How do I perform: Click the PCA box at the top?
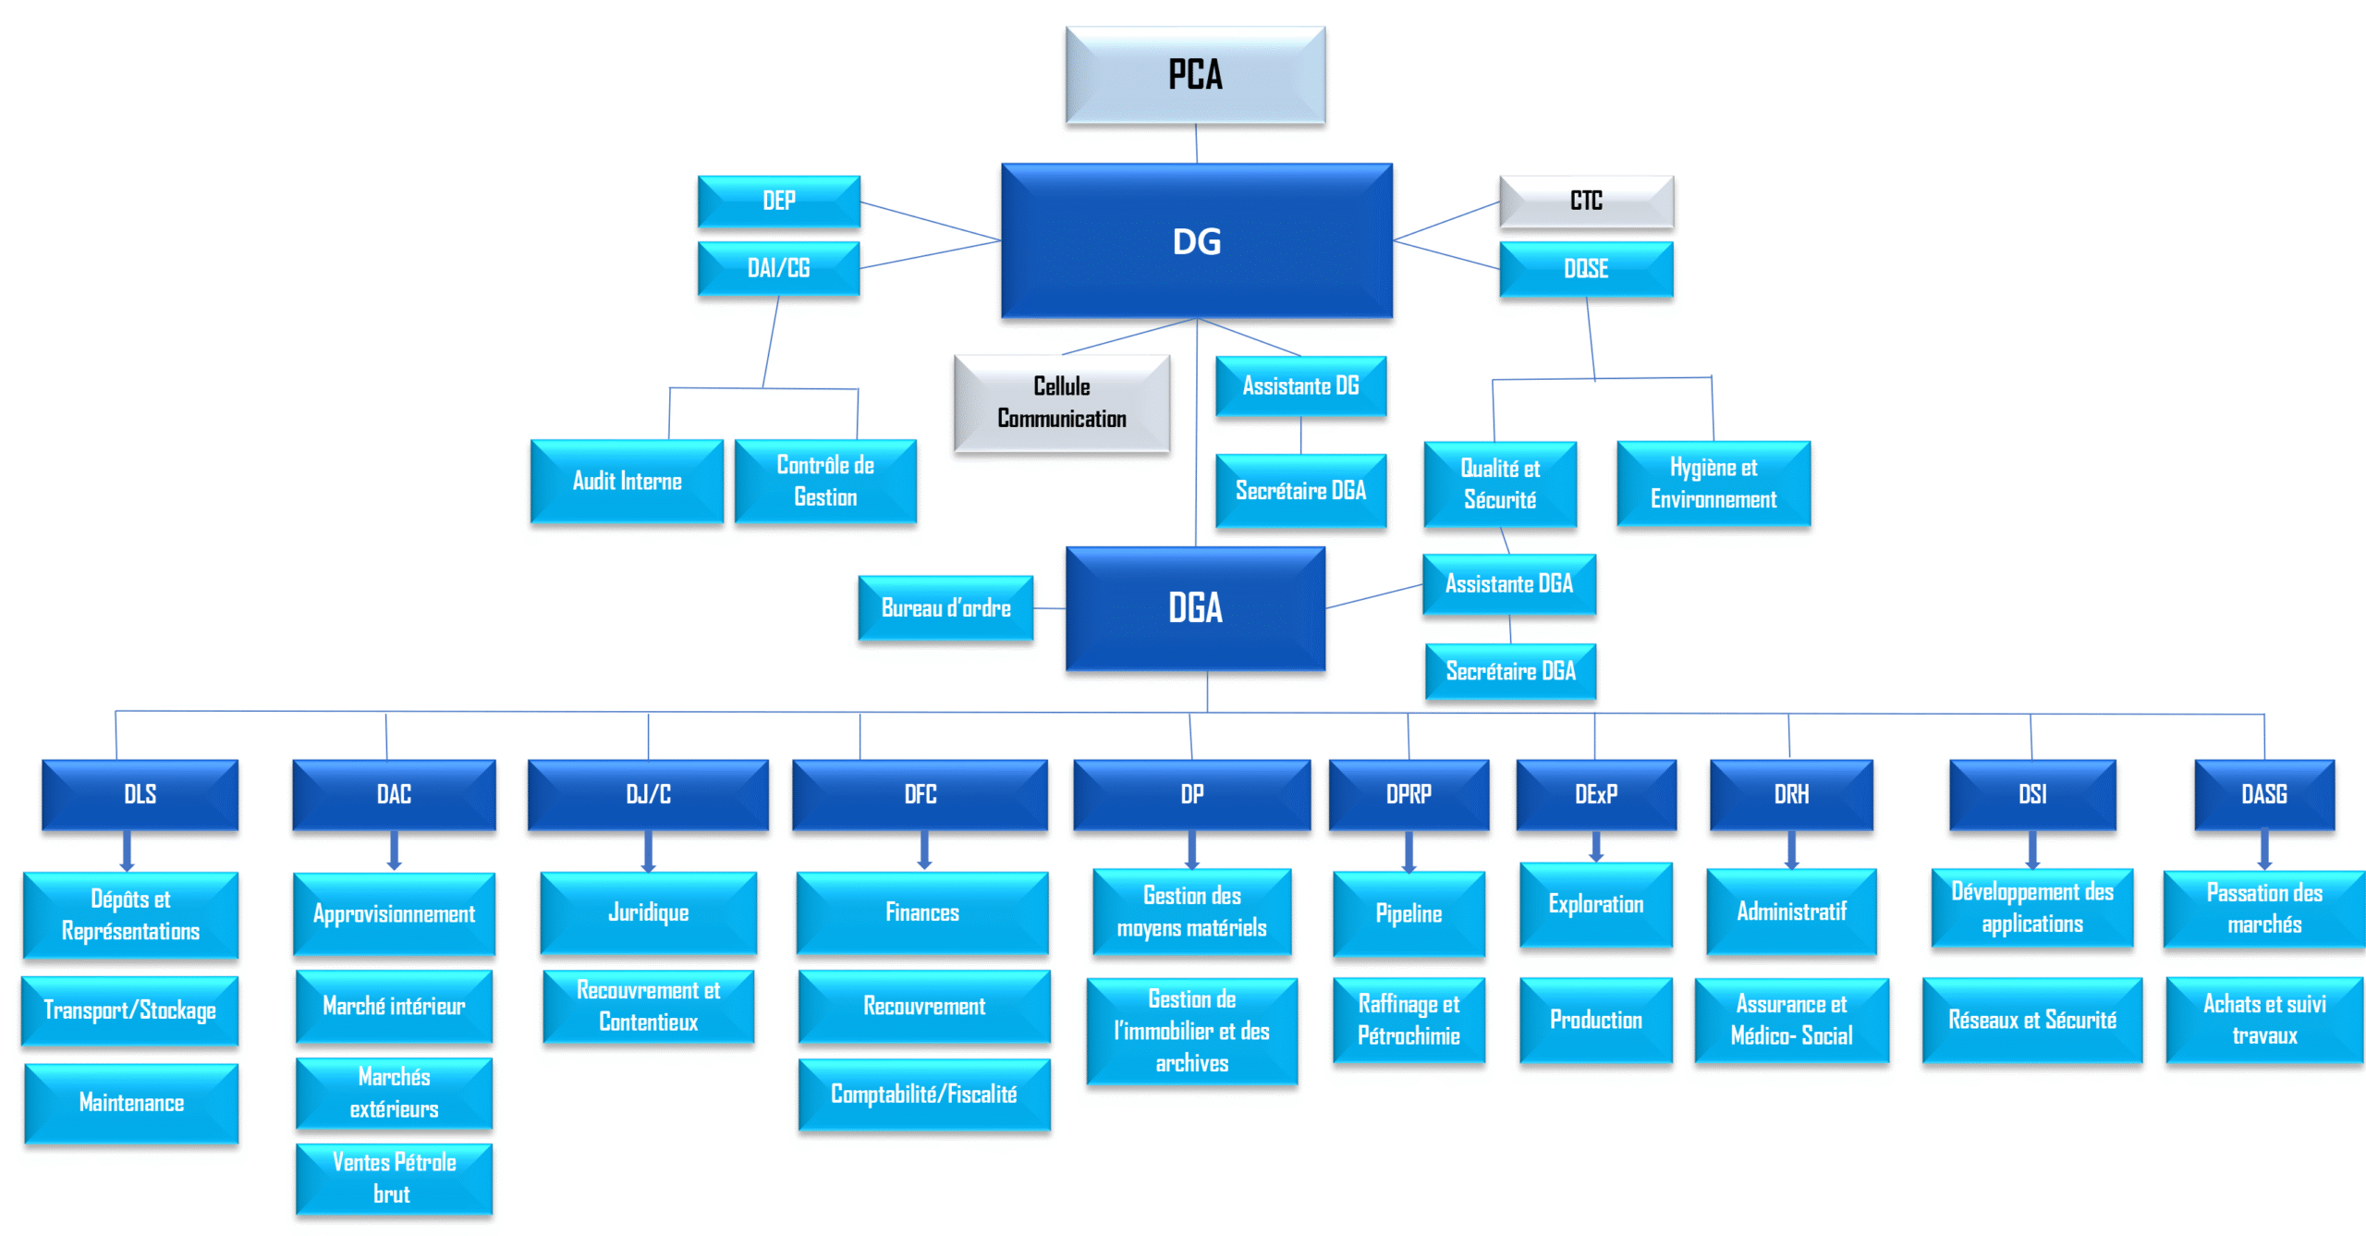(x=1194, y=75)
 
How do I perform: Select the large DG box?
(x=1196, y=241)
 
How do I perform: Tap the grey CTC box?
(x=1585, y=201)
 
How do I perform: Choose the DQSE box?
(x=1585, y=269)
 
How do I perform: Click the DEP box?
(x=778, y=201)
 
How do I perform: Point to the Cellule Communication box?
(x=1061, y=403)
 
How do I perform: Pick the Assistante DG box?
(x=1299, y=386)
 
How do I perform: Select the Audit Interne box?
(x=627, y=481)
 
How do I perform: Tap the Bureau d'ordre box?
(x=945, y=607)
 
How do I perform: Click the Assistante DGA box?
(x=1508, y=583)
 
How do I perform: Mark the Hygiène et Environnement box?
(x=1713, y=483)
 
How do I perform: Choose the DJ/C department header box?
(x=647, y=794)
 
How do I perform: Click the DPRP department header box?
(x=1408, y=794)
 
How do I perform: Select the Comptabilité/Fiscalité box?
(x=923, y=1095)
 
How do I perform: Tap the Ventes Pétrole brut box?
(x=394, y=1178)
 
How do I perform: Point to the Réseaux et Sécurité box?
(x=2031, y=1020)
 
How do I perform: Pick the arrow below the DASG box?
(x=2263, y=850)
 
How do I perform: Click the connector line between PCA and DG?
(x=1196, y=144)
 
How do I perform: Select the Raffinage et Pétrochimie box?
(x=1408, y=1020)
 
